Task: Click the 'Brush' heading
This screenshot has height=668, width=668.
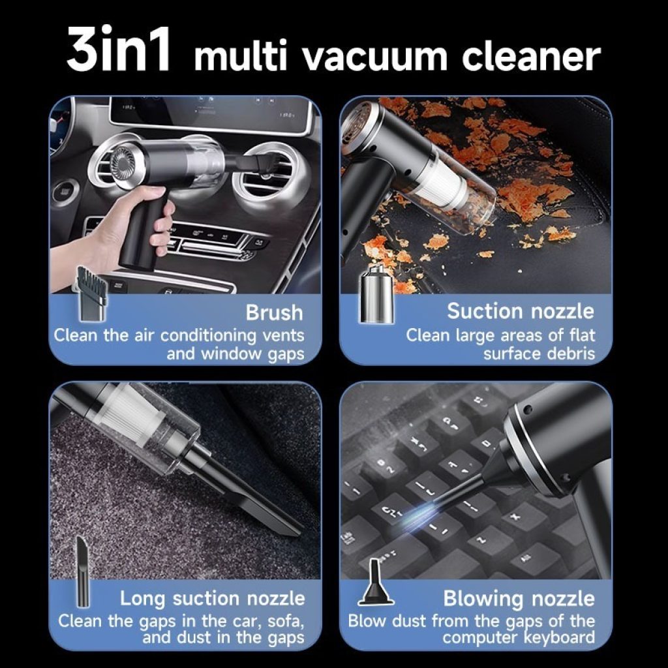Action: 274,313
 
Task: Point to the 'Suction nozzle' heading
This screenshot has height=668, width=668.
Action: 521,312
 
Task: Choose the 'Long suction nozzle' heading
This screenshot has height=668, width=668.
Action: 212,598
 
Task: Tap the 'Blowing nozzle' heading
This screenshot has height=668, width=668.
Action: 519,598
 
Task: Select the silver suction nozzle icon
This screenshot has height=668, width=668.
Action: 376,295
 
